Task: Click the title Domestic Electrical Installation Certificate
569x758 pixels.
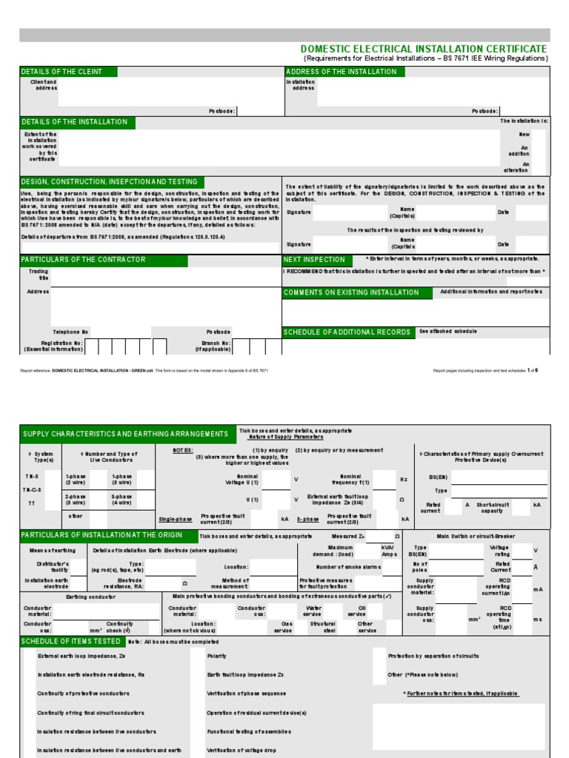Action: coord(423,49)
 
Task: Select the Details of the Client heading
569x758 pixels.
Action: coord(61,71)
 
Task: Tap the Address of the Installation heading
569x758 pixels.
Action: coord(342,71)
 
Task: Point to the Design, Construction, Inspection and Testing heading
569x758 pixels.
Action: coord(110,181)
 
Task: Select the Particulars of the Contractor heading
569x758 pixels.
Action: coord(84,260)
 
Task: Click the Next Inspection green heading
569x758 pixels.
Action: coord(314,260)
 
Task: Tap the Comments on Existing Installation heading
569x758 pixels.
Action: coord(351,292)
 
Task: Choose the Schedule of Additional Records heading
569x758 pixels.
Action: coord(347,332)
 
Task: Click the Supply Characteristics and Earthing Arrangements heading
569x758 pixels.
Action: coord(126,434)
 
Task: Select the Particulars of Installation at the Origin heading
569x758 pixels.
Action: coord(107,534)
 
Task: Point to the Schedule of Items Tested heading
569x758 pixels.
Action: coord(72,641)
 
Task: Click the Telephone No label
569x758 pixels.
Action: coord(70,332)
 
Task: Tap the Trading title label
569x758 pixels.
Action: coord(38,275)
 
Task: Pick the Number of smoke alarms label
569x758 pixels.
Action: coord(349,567)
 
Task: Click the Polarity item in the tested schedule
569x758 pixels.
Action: coord(216,656)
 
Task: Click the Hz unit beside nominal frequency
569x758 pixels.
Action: coord(404,480)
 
